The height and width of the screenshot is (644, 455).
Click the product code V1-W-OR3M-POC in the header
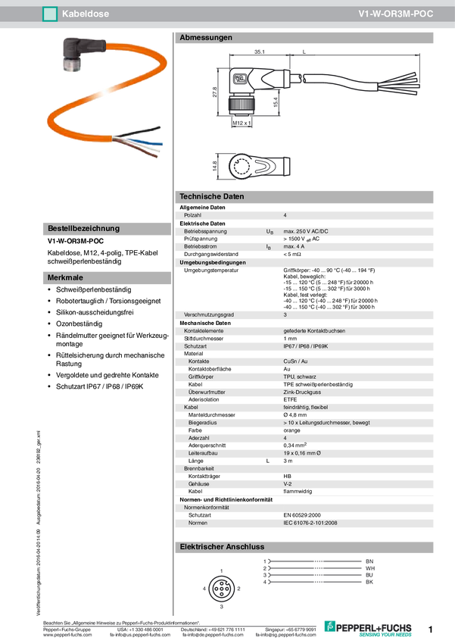tap(396, 14)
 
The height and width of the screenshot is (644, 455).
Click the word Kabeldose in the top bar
tap(83, 14)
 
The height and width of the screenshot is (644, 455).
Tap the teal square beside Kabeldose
tap(50, 14)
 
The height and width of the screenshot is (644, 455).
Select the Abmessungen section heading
tap(206, 38)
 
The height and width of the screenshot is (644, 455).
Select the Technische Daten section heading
tap(212, 196)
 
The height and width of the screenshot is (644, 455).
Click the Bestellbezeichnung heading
tap(83, 228)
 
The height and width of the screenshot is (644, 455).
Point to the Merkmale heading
tap(65, 278)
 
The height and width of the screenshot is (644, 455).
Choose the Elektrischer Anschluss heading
tap(220, 546)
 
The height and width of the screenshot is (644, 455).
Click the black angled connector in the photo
tap(76, 55)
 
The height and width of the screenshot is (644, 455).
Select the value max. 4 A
tap(294, 246)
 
